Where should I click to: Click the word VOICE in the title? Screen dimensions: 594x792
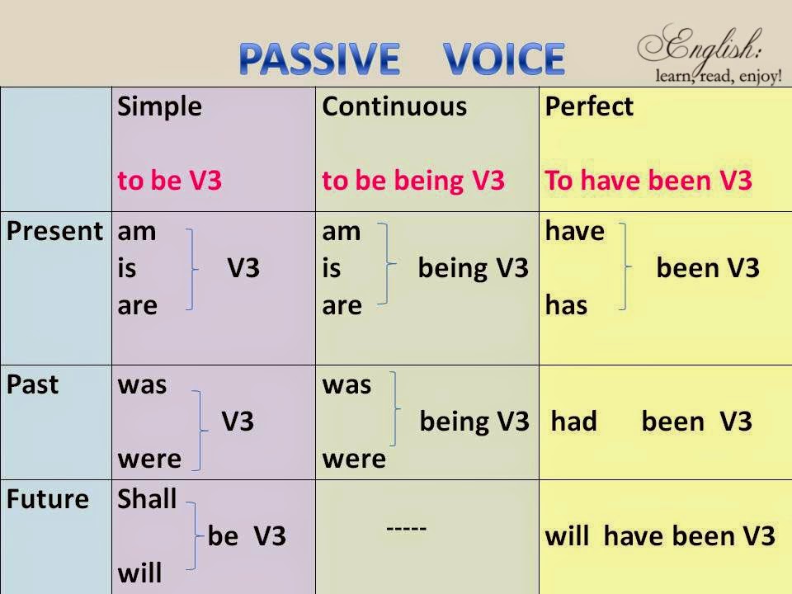(x=504, y=58)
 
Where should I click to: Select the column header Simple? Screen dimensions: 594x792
(x=159, y=107)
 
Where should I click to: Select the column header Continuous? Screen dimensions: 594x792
(x=394, y=107)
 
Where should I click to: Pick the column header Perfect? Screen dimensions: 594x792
(x=589, y=107)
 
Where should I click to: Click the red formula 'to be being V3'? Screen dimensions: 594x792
(x=412, y=181)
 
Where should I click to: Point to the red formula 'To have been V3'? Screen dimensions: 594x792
(x=648, y=181)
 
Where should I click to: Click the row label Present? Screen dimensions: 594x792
(x=54, y=232)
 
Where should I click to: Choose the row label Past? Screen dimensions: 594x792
(x=32, y=384)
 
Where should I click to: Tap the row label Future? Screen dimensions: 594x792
(x=48, y=499)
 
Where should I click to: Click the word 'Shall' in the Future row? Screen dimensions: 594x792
(x=148, y=499)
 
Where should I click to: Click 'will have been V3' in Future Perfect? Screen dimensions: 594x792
(x=660, y=536)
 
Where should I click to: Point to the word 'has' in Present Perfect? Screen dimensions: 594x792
(x=566, y=305)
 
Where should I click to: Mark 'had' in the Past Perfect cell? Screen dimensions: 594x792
(x=573, y=422)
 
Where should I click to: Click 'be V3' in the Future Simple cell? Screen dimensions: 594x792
(x=247, y=536)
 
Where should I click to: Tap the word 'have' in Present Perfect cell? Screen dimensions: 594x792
(x=574, y=232)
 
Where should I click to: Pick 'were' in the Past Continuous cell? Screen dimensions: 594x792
(x=353, y=459)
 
